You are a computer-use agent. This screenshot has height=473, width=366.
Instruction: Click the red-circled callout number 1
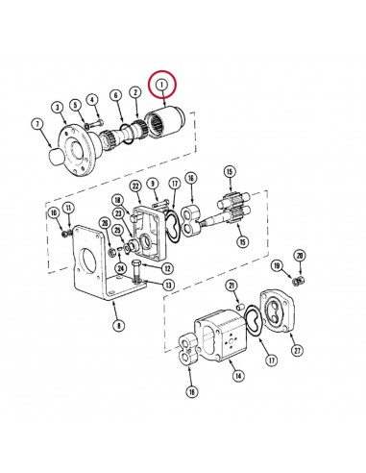(x=163, y=86)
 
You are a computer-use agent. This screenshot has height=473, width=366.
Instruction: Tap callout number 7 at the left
(x=37, y=123)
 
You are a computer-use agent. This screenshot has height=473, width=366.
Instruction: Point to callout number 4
(x=91, y=99)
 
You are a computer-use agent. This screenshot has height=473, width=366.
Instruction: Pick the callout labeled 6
(x=116, y=94)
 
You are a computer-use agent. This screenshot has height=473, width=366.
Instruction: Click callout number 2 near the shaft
(x=135, y=92)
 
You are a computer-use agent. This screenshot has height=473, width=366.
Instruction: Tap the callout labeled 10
(x=54, y=212)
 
